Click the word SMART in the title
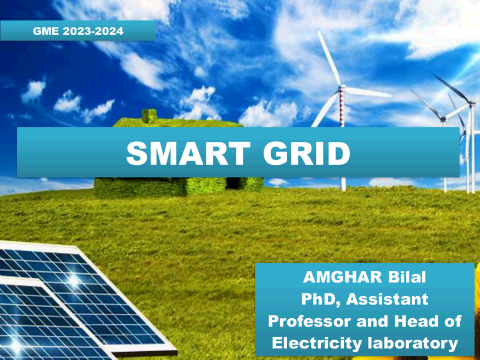(x=188, y=153)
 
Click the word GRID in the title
(x=307, y=153)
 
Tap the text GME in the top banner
(x=46, y=31)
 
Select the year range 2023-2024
(x=93, y=31)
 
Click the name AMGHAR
(x=343, y=277)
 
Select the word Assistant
(x=387, y=299)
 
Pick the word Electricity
(x=317, y=344)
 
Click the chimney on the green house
(x=149, y=116)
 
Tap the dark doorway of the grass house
(x=233, y=184)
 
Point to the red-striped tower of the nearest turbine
(x=343, y=107)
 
